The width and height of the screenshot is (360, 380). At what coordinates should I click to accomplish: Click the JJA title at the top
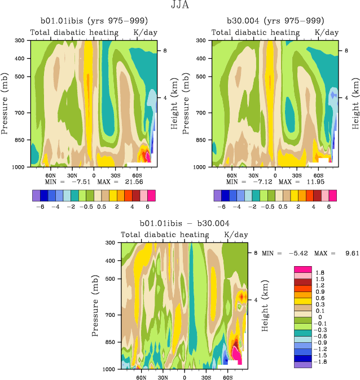[181, 6]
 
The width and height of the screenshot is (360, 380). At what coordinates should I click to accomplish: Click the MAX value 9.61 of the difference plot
[348, 254]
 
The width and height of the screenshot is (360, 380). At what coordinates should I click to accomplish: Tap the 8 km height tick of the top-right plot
[346, 51]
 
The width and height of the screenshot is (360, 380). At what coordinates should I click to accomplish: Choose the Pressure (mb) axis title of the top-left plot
[5, 103]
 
